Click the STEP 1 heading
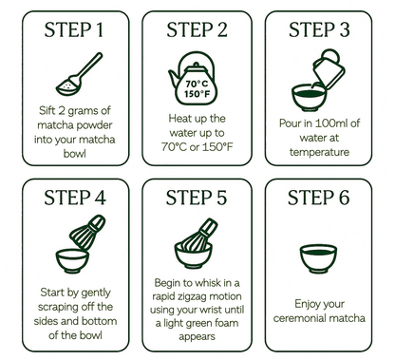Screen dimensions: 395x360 click(74, 29)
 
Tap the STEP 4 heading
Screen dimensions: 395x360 click(75, 198)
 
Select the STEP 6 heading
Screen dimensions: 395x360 click(318, 198)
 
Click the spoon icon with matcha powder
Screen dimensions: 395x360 click(79, 74)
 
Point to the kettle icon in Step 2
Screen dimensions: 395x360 click(193, 78)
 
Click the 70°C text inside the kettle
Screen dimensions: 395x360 click(197, 84)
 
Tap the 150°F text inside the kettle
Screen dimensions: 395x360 click(197, 94)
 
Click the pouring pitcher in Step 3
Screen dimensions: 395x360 click(329, 69)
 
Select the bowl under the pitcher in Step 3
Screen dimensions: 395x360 click(310, 97)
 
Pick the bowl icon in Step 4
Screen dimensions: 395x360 click(72, 261)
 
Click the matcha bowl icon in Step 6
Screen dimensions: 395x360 click(318, 258)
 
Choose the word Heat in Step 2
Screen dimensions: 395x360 click(178, 119)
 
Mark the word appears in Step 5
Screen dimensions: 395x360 click(197, 336)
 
